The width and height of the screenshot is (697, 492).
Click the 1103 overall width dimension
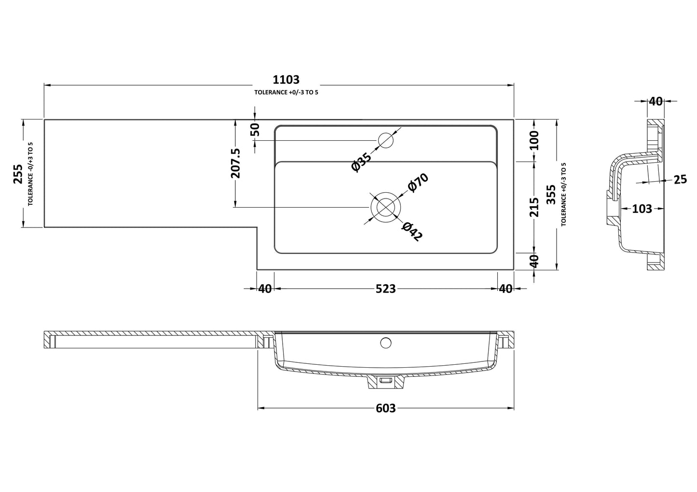tap(286, 80)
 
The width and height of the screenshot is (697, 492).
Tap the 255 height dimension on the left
tap(18, 174)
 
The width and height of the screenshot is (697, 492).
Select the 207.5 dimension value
tap(235, 163)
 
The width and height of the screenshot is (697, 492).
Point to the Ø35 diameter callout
tap(362, 162)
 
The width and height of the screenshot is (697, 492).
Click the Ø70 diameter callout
tap(418, 183)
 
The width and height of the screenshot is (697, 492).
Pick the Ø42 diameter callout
tap(412, 232)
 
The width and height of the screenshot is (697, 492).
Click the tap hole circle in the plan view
tap(386, 140)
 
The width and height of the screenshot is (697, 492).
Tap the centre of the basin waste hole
tap(385, 207)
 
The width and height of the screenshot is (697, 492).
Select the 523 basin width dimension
tap(385, 289)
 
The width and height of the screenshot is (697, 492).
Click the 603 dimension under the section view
tap(385, 408)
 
